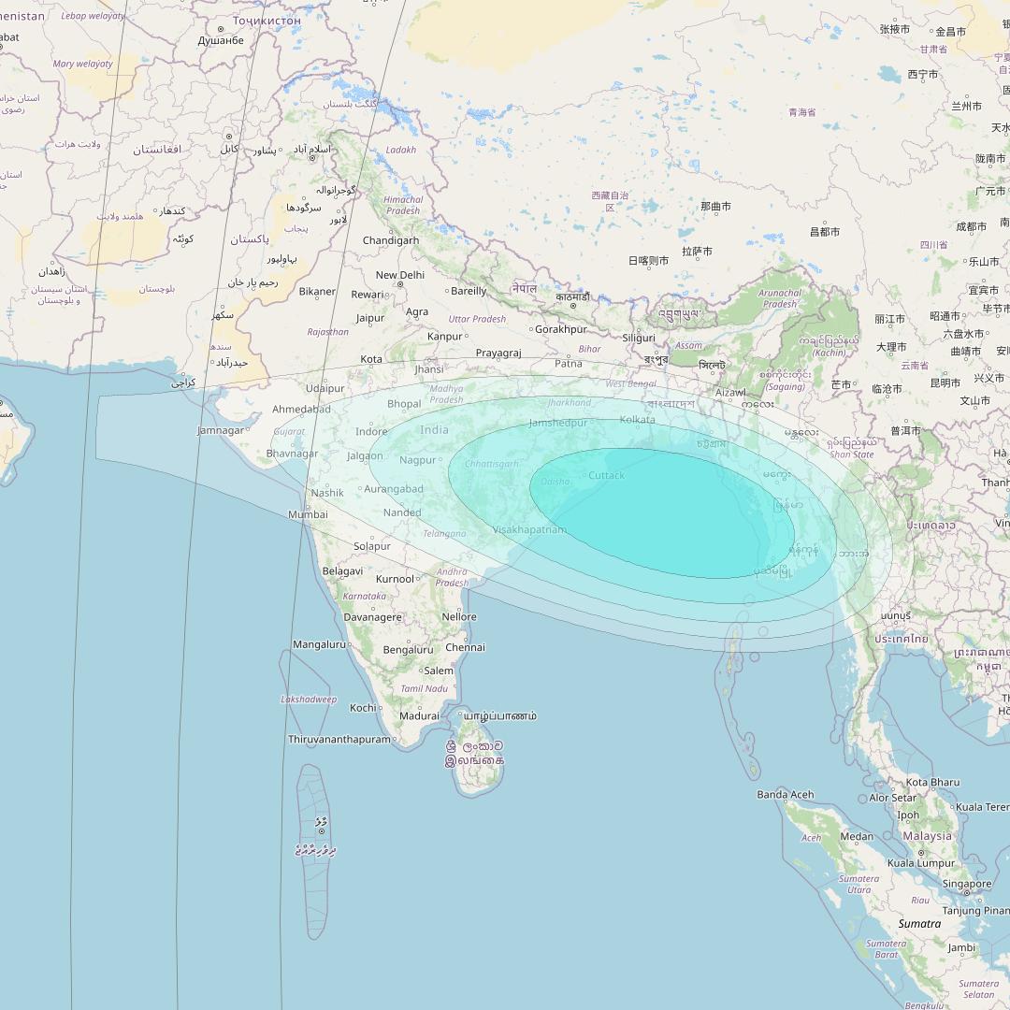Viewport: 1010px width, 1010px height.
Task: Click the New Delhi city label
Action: (x=399, y=275)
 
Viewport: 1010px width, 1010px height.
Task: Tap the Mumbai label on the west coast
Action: (x=308, y=514)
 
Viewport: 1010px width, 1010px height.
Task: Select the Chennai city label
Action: (x=465, y=647)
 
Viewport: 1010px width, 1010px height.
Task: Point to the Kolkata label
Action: (x=637, y=420)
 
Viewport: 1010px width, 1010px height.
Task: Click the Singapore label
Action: (x=966, y=884)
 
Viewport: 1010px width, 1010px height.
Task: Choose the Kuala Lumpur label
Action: (x=921, y=863)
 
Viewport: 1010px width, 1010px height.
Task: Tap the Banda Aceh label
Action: (x=785, y=795)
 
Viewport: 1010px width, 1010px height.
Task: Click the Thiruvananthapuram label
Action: (x=339, y=740)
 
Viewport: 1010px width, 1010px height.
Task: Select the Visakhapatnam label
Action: (x=529, y=530)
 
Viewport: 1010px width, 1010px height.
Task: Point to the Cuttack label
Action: (x=606, y=476)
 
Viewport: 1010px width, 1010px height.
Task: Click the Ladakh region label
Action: (x=400, y=150)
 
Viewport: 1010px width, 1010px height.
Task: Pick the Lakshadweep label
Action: (x=309, y=700)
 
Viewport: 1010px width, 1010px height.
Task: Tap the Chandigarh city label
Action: (x=391, y=240)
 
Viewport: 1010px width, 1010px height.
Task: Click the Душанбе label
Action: (x=221, y=41)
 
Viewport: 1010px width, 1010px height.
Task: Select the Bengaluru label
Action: (x=408, y=650)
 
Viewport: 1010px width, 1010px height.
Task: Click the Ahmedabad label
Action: (x=301, y=410)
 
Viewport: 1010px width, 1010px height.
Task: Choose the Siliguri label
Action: (x=639, y=338)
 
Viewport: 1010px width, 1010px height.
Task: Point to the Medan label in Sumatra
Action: (x=857, y=837)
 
